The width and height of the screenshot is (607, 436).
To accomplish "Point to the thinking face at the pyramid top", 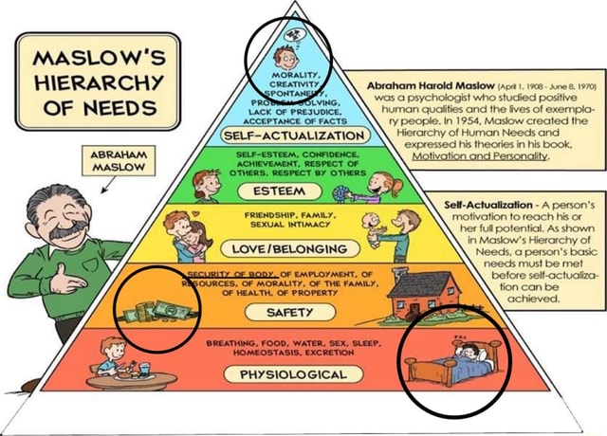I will [287, 54].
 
